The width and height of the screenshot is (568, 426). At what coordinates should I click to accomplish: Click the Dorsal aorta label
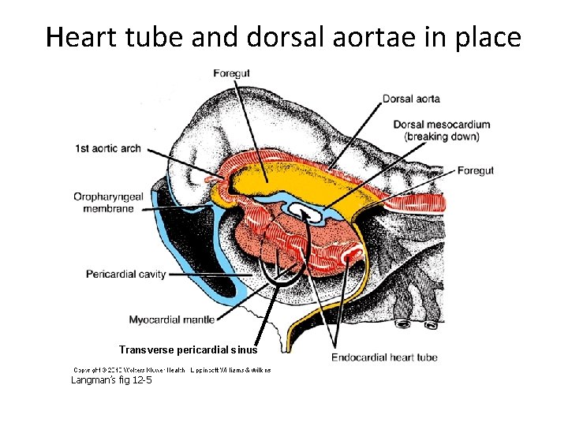[x=411, y=99]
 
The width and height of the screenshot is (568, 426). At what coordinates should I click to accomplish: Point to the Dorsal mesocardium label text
[x=441, y=125]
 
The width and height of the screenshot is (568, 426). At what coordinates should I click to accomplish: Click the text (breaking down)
[x=441, y=136]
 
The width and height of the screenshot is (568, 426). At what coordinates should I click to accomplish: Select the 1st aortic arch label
[x=108, y=148]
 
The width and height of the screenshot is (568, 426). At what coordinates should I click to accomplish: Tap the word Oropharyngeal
[x=109, y=196]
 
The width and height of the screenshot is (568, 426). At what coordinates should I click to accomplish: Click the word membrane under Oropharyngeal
[x=110, y=209]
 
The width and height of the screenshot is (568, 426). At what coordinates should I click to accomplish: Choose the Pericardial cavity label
[x=126, y=274]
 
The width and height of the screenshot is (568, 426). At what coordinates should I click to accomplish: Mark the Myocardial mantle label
[x=170, y=319]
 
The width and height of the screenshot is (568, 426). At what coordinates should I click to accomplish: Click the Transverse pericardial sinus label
[x=188, y=349]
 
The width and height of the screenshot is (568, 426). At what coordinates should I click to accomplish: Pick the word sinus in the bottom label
[x=242, y=349]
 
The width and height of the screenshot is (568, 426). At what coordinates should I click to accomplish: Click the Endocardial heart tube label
[x=384, y=357]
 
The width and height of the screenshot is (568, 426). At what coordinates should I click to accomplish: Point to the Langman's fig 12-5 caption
[x=111, y=380]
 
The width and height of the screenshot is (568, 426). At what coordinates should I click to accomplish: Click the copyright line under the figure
[x=172, y=369]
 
